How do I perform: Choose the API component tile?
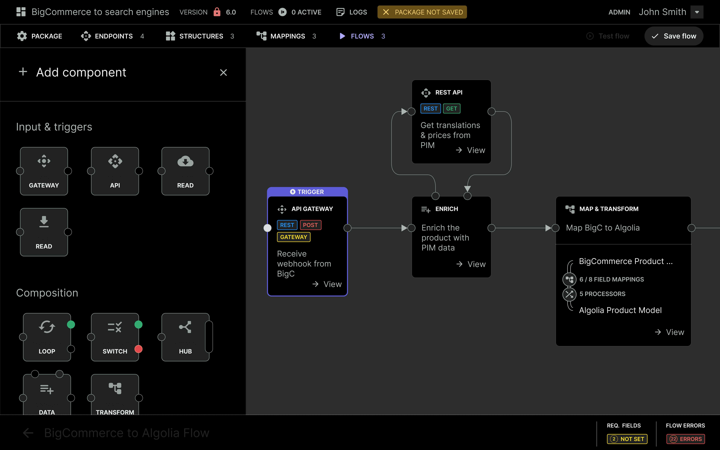click(x=115, y=171)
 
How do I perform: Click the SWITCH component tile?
click(x=115, y=337)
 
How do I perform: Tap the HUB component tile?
click(x=185, y=337)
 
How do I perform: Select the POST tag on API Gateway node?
click(x=310, y=225)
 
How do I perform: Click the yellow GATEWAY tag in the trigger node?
click(x=293, y=237)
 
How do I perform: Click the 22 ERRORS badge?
click(x=685, y=439)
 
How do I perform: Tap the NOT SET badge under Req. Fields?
click(x=627, y=439)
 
